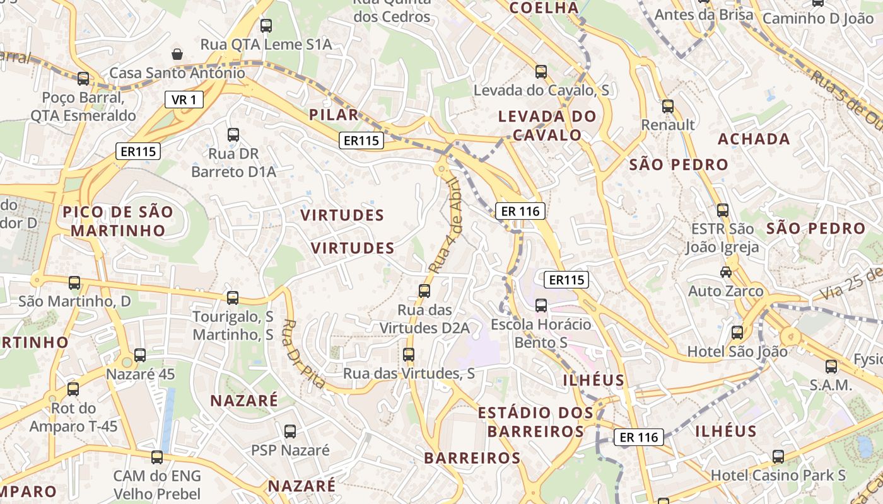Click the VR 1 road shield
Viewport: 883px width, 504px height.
pos(184,100)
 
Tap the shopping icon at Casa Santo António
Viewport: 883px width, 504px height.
pos(178,54)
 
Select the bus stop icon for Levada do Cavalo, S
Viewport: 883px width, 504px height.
pos(541,71)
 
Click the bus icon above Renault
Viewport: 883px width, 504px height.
pos(668,106)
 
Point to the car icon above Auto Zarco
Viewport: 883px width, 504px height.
pos(726,272)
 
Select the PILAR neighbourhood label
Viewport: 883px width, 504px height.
pos(334,115)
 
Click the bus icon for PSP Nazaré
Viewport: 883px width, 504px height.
pos(290,432)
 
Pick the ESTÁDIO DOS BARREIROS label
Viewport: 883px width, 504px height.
pos(535,422)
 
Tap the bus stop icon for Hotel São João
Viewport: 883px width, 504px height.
pos(737,333)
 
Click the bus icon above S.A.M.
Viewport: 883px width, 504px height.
pos(831,366)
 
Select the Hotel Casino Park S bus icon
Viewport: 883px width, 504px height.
pos(778,457)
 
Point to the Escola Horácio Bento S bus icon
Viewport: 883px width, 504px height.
pos(541,306)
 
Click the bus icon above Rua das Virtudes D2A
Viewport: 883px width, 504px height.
pos(424,291)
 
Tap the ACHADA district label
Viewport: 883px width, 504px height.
pos(754,139)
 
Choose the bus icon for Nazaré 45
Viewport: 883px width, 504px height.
pos(140,355)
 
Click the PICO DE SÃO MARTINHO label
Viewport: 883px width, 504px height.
pos(117,221)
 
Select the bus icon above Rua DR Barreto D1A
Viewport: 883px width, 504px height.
pos(233,134)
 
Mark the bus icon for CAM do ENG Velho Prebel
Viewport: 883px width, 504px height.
pos(157,457)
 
